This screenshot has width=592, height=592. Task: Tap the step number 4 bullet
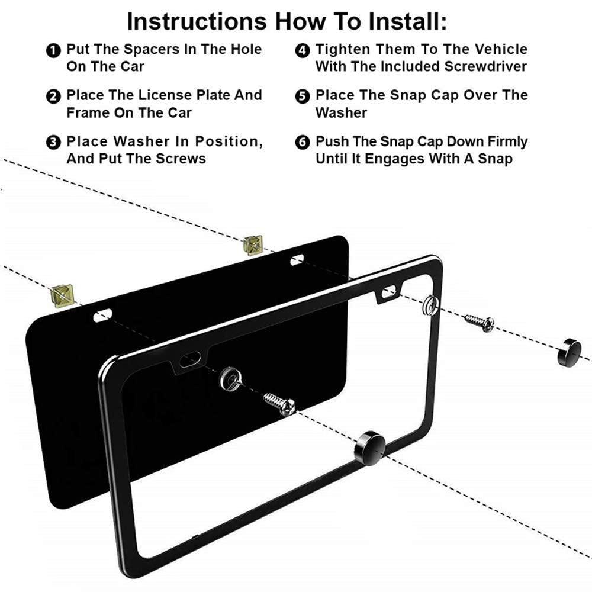click(303, 50)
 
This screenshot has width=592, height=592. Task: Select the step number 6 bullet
click(303, 143)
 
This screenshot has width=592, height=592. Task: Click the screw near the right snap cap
click(480, 322)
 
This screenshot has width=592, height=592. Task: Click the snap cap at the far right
click(570, 352)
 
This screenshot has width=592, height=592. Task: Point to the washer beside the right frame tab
click(431, 304)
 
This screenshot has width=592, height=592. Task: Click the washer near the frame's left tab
click(229, 378)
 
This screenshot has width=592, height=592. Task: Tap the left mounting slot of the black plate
click(103, 316)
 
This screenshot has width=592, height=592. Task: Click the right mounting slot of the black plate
click(297, 259)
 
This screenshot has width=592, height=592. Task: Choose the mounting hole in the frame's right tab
click(389, 291)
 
